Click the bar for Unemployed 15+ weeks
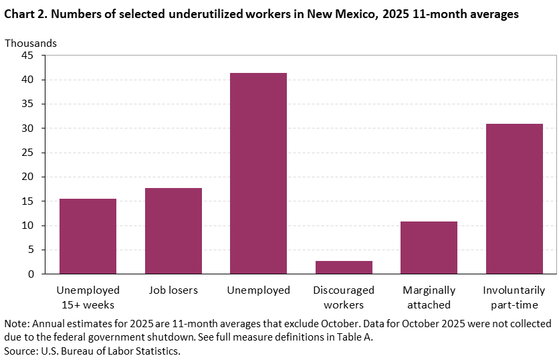[88, 236]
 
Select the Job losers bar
[173, 231]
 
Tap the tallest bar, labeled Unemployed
[258, 173]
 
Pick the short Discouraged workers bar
[344, 268]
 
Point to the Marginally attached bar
[429, 248]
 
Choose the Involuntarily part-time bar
[514, 199]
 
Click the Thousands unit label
[31, 43]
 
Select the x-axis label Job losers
[173, 290]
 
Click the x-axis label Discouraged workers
[344, 298]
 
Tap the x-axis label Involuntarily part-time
[514, 298]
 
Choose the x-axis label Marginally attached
[429, 298]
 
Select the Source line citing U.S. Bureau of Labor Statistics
[92, 350]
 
